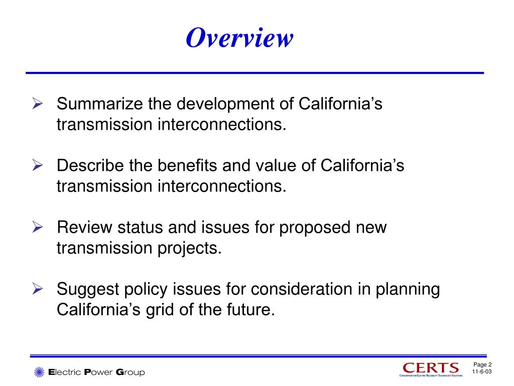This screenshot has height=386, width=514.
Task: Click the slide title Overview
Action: point(238,39)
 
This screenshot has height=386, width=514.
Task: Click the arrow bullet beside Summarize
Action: point(37,104)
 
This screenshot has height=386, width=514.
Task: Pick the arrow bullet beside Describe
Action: point(37,165)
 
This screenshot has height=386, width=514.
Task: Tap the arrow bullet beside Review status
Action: point(37,227)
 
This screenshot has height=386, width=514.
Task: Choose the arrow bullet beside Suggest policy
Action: point(37,289)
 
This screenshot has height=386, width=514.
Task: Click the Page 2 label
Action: point(482,364)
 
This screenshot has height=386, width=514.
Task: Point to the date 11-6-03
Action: point(482,372)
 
